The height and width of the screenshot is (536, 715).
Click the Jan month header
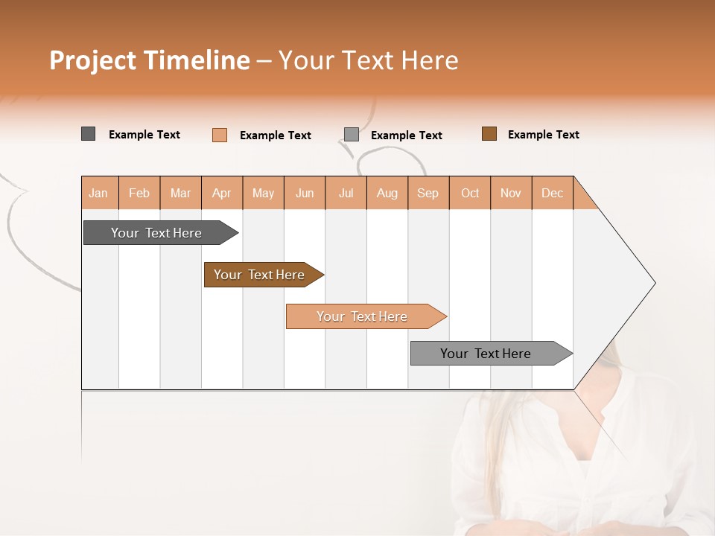pos(99,193)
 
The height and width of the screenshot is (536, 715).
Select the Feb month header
pos(139,193)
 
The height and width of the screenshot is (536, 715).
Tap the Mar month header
pos(180,193)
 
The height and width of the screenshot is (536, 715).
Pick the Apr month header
pos(222,193)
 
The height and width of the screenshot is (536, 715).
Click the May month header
pos(263,193)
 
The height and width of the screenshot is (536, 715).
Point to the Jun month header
pos(305,193)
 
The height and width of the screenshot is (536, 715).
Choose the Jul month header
pos(346,193)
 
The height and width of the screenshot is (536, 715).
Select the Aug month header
pos(387,193)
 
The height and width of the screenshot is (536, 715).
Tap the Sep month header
pos(428,193)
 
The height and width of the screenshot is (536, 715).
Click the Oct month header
pos(470,193)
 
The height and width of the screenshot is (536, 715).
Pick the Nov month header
pos(511,193)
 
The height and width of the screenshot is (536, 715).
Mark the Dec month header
pos(553,193)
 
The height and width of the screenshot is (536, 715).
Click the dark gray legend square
pos(88,134)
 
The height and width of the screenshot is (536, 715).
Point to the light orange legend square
pos(220,135)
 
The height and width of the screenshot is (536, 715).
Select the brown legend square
pos(489,134)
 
